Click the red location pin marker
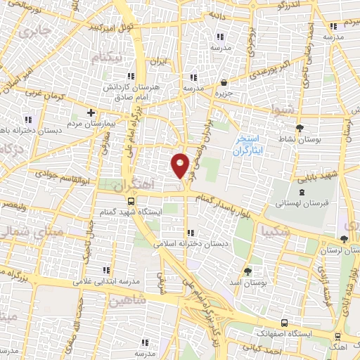(x=180, y=165)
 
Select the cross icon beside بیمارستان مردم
(x=91, y=112)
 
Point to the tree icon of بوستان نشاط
(x=300, y=127)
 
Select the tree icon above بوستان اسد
(x=247, y=270)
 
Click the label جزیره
(x=223, y=93)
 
